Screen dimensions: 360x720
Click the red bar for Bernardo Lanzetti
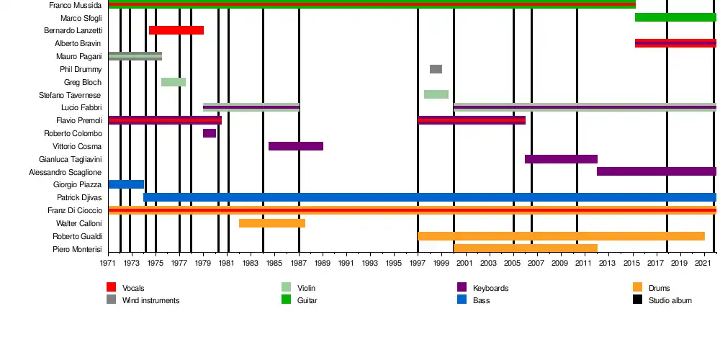[x=176, y=30]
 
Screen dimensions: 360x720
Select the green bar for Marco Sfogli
[x=675, y=17]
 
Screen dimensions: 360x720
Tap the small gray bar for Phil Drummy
[x=436, y=69]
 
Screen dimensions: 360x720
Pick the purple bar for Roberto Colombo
[x=210, y=133]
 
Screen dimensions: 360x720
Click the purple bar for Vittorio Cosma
[x=296, y=146]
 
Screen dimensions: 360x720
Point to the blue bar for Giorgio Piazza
[x=126, y=184]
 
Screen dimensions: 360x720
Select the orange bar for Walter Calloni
[x=272, y=223]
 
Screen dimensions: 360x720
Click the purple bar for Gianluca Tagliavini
[x=561, y=159]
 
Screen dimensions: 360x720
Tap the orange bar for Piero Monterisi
[x=526, y=248]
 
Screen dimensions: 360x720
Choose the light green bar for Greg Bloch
[x=174, y=82]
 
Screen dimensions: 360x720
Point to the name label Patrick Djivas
[x=79, y=197]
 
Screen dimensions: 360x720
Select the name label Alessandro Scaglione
[x=66, y=172]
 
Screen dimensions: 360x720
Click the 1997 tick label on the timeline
[x=418, y=264]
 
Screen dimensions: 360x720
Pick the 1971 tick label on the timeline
[x=109, y=264]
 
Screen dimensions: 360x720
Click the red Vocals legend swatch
[x=112, y=288]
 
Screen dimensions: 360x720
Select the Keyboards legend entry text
[x=490, y=289]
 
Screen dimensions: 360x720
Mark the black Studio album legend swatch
[x=637, y=300]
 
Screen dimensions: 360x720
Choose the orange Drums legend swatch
[x=637, y=288]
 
